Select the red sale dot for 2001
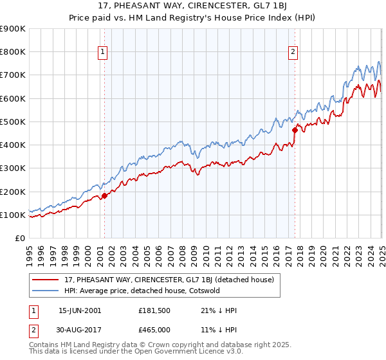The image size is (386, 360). tap(104, 196)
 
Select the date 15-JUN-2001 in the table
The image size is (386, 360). tap(80, 310)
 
